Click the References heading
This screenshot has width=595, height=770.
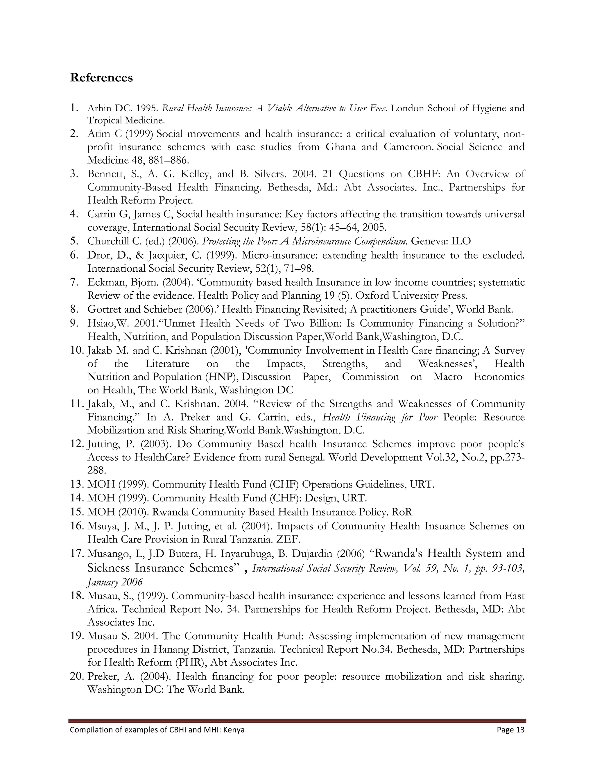coord(101,77)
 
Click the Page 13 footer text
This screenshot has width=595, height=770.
coord(510,730)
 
